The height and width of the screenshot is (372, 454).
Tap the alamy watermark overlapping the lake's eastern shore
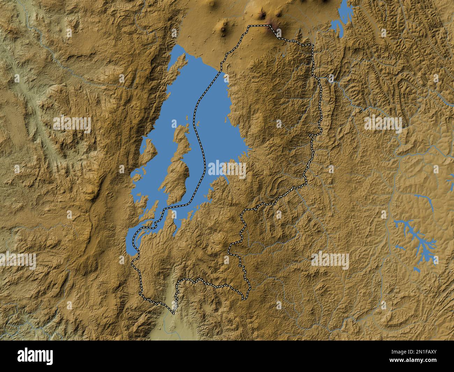coord(227,169)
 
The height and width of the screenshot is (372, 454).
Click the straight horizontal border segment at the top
coord(258,25)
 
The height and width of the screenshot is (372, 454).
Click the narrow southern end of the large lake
coord(131,245)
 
